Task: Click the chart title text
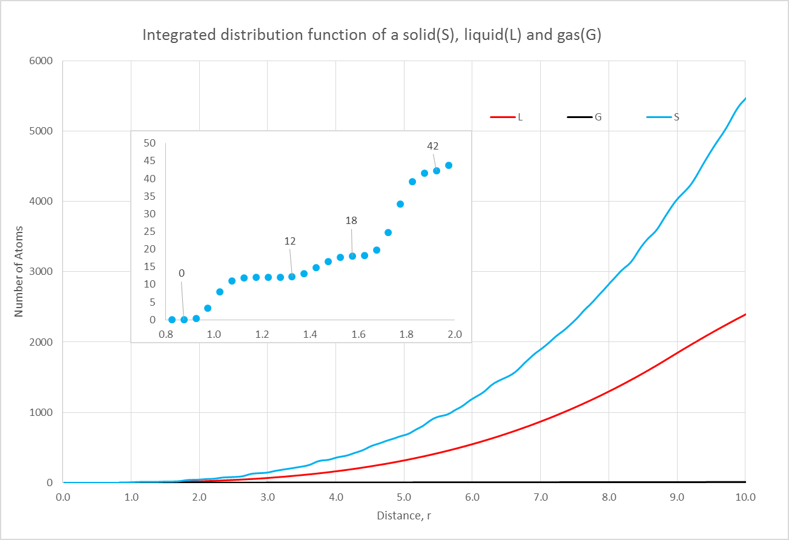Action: point(371,35)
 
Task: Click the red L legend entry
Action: point(507,117)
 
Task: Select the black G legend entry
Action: point(586,117)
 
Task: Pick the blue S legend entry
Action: point(664,117)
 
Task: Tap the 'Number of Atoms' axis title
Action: point(19,272)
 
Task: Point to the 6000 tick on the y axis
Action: point(41,61)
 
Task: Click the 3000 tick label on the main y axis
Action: point(41,272)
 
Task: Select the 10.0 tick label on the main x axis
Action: point(745,497)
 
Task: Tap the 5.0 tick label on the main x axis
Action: point(404,497)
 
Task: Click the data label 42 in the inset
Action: point(432,146)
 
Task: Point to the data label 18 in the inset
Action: point(351,221)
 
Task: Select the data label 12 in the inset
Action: point(290,241)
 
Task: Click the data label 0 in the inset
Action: point(181,274)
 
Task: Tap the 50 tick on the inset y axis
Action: point(149,143)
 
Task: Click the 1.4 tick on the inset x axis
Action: point(310,334)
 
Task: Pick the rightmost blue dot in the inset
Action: point(449,165)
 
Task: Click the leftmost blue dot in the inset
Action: point(172,320)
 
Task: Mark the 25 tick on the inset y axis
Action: point(149,231)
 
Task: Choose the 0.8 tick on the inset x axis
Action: point(165,334)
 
